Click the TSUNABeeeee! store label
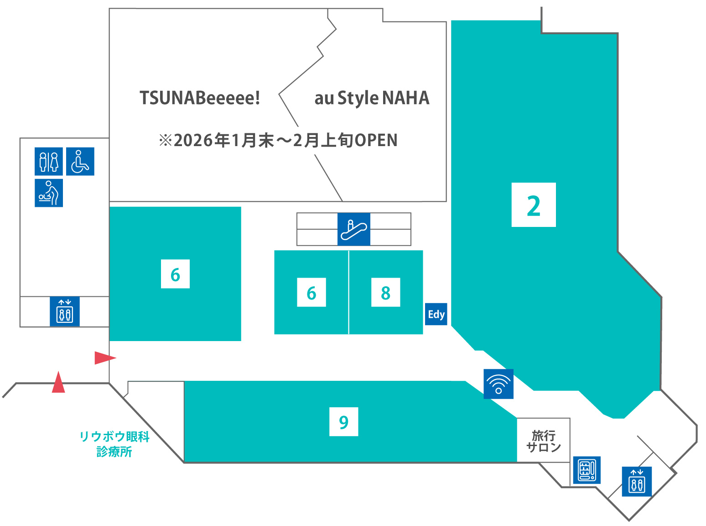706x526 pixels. coord(200,98)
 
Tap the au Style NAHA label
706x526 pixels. coord(372,98)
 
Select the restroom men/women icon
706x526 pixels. coord(49,161)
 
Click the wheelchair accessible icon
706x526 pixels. coord(80,161)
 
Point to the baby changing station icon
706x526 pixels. coord(49,193)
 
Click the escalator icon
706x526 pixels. coord(354,229)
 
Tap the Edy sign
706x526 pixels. coord(436,314)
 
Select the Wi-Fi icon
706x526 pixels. coord(498,384)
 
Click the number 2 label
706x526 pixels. coord(534,205)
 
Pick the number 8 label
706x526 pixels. coord(386,292)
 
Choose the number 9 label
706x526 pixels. coord(344,421)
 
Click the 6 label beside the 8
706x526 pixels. coord(311,292)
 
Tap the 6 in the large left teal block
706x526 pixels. coord(175,274)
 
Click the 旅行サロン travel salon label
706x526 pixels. coord(544,441)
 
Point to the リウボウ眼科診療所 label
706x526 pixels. coord(114,444)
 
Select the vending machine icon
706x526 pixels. coord(587,470)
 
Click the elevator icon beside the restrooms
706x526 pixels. coord(65,311)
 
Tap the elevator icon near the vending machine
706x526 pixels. coord(637,481)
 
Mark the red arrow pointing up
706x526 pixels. coord(58,383)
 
